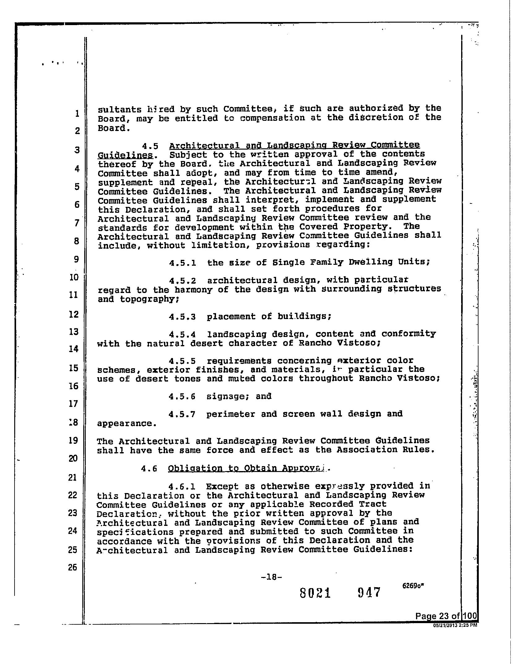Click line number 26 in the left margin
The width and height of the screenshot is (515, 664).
click(72, 567)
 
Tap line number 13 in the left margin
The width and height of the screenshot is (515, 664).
click(74, 332)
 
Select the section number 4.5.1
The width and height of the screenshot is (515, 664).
click(182, 263)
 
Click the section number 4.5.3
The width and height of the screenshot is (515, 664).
click(182, 317)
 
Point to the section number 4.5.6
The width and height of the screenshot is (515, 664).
click(182, 397)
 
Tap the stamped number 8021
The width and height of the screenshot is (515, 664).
click(315, 593)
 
